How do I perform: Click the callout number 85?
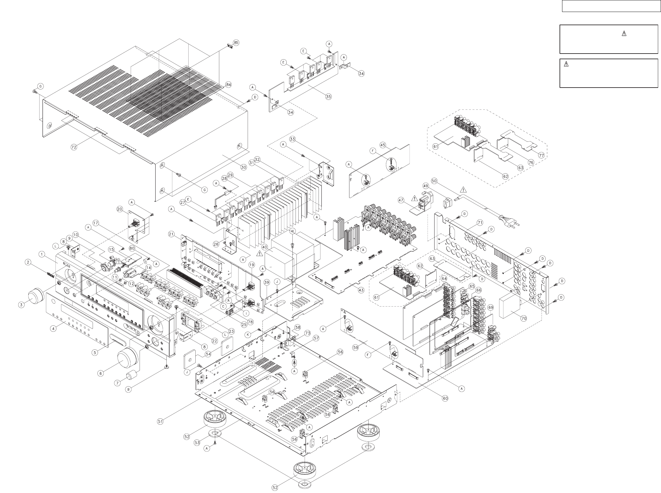point(236,42)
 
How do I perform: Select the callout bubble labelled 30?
point(244,167)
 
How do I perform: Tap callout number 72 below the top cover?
point(74,147)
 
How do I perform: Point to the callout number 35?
point(328,97)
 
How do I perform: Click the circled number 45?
point(383,145)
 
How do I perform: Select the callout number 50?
point(434,181)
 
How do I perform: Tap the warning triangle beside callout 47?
point(414,198)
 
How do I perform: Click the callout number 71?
point(480,223)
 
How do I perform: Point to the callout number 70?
point(523,318)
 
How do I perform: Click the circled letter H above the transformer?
point(292,231)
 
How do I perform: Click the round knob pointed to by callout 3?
point(36,297)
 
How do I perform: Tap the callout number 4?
point(54,328)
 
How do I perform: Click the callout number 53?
point(197,443)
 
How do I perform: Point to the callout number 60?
point(445,398)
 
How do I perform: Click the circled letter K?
point(248,335)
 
